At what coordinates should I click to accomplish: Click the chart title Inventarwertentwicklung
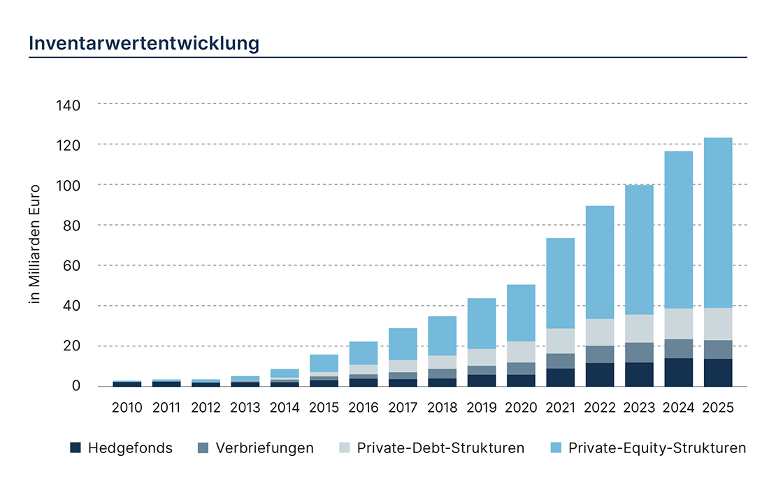144,43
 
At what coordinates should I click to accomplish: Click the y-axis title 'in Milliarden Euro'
34,244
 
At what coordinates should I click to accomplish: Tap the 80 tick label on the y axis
72,225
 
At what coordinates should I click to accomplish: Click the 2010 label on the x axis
127,407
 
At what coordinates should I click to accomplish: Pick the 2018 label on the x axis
443,407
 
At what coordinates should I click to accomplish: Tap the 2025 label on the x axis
719,407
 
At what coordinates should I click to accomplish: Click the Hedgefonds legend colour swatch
76,448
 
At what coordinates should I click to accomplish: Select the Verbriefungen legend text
265,448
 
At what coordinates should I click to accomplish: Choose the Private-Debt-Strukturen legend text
440,448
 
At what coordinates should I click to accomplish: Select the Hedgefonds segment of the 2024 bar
679,372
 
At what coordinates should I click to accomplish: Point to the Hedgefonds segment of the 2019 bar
482,380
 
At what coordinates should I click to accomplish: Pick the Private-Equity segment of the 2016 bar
363,353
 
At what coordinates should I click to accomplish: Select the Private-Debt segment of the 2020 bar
521,352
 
